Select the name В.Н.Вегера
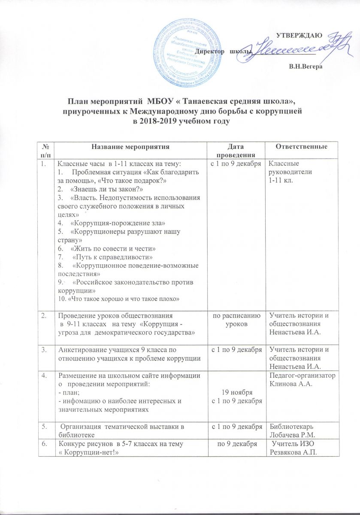tap(306, 67)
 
